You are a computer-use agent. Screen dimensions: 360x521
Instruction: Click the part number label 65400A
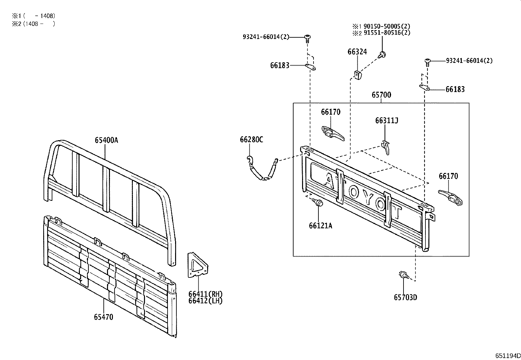tap(106, 140)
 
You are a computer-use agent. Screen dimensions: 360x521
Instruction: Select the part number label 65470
tap(103, 317)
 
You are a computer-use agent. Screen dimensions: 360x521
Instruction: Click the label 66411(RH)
tap(206, 294)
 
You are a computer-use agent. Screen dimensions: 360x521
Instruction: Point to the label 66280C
tap(251, 140)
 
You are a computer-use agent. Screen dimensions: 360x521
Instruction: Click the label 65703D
tap(405, 297)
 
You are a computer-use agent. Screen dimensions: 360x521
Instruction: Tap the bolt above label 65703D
tap(403, 275)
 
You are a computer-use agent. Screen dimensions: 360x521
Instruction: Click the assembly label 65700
tap(381, 95)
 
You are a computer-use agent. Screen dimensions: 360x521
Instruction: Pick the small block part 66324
tap(358, 74)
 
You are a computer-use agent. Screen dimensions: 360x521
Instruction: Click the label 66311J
tap(386, 121)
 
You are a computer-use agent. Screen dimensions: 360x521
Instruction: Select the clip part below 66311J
tap(386, 147)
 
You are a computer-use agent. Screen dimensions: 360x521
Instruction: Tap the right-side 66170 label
tap(448, 176)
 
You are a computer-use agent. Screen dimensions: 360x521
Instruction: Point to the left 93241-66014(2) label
tap(266, 37)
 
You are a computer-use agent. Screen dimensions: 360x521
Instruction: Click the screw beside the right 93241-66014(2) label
tap(427, 62)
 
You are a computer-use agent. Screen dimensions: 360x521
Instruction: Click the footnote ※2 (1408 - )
tap(33, 24)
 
